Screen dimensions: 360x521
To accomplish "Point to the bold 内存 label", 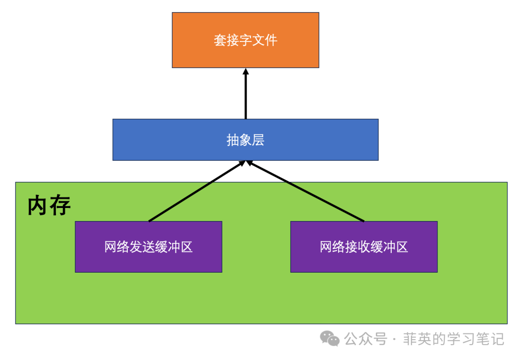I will (49, 206).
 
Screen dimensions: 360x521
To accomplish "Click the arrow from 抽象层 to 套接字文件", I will (246, 97).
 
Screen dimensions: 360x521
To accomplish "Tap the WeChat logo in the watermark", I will (331, 338).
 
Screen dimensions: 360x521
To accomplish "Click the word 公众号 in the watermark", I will (366, 339).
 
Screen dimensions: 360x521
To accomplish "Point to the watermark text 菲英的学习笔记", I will (453, 339).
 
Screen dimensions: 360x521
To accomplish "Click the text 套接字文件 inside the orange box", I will (246, 40).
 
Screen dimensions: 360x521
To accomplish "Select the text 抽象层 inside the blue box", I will (246, 140).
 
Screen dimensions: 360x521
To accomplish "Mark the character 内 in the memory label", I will (38, 206).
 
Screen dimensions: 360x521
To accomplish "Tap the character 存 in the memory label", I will (60, 206).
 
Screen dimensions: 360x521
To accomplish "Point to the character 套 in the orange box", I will (220, 40).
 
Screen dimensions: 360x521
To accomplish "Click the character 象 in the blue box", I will (246, 140).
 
